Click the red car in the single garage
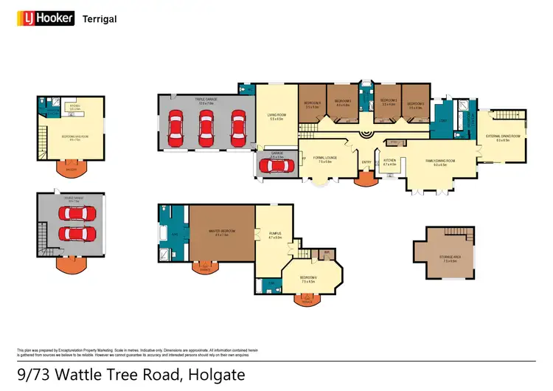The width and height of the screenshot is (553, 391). click(276, 166)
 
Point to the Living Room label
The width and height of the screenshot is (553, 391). click(276, 117)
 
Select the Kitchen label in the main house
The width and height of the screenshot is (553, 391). click(389, 162)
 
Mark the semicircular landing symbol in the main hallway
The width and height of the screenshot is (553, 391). click(364, 135)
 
